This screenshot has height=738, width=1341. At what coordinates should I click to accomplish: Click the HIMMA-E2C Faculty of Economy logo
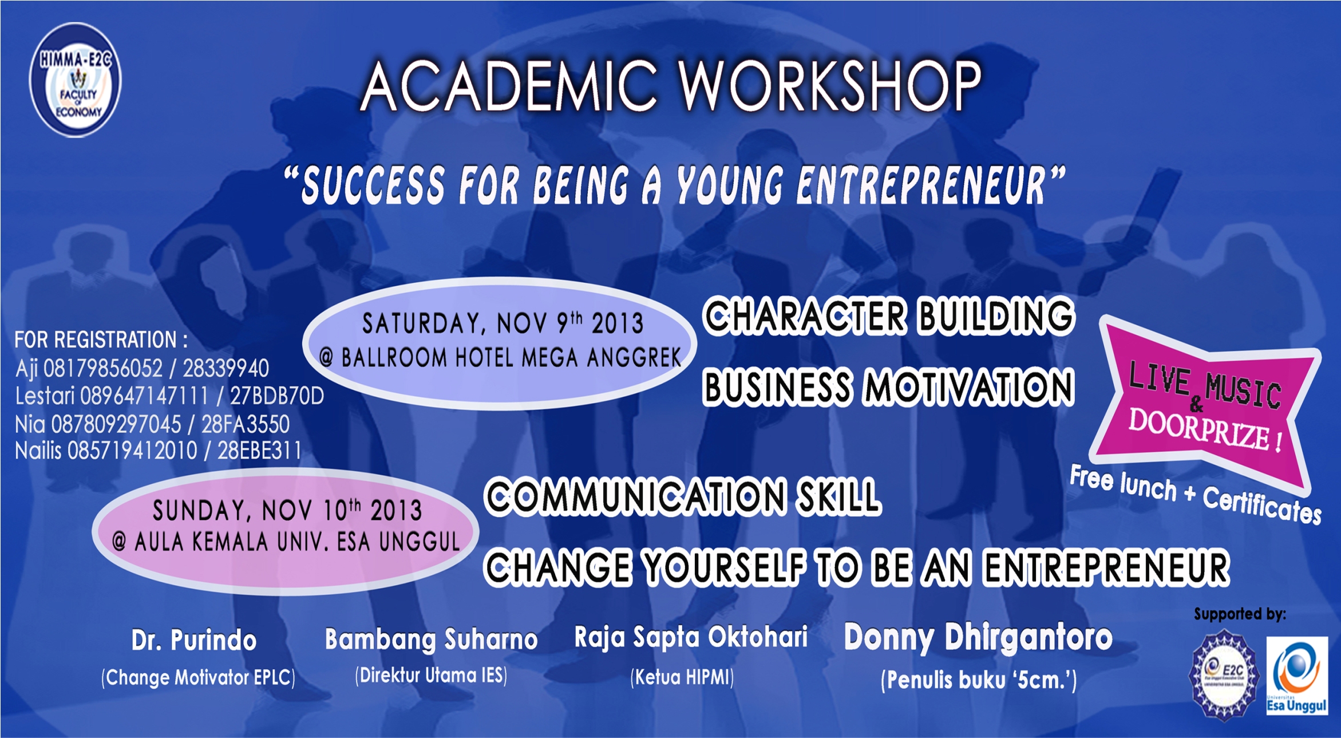[x=75, y=80]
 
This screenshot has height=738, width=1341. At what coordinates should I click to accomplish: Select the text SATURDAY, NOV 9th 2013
[x=503, y=323]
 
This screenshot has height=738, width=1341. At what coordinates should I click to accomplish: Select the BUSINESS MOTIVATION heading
[x=888, y=387]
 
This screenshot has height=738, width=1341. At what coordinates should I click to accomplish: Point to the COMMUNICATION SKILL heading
[x=682, y=496]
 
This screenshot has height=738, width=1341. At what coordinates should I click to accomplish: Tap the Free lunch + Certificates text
[x=1196, y=494]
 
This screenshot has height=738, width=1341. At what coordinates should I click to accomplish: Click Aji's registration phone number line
[x=142, y=368]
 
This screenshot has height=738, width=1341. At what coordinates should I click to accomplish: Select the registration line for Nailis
[x=158, y=451]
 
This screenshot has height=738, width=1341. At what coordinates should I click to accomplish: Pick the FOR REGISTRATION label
[x=101, y=340]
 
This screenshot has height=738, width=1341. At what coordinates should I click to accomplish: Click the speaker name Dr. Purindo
[x=194, y=640]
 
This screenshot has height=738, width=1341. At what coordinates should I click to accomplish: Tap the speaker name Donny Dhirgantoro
[x=978, y=638]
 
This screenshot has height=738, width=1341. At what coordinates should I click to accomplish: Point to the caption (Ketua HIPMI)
[x=682, y=677]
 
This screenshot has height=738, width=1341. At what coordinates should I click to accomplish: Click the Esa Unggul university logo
[x=1297, y=676]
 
